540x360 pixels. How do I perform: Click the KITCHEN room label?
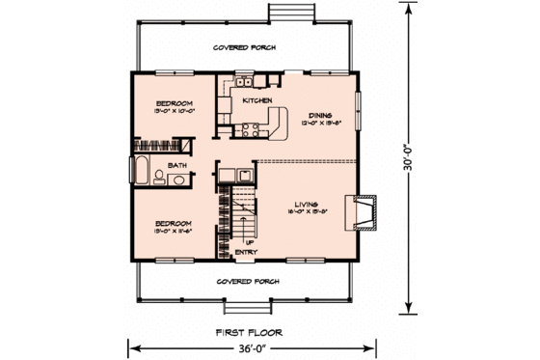coord(256,100)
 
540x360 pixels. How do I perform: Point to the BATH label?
coord(177,166)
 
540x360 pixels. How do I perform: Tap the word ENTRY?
coord(248,253)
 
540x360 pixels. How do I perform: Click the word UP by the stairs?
coord(249,242)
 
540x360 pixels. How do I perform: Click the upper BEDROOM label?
coord(175,102)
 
